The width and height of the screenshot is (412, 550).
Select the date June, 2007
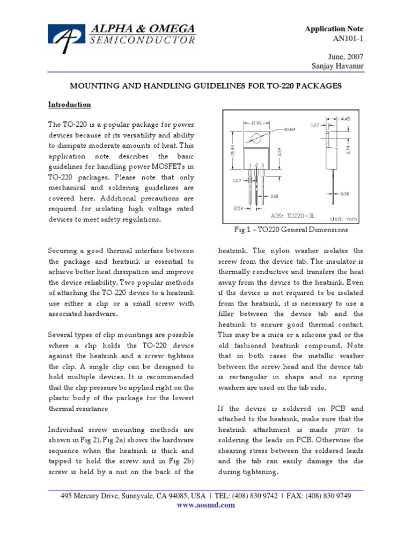tap(347, 56)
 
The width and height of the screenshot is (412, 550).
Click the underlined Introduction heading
tap(70, 104)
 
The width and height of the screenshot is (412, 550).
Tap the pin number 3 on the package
tap(263, 164)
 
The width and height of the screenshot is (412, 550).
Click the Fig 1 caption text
tap(291, 230)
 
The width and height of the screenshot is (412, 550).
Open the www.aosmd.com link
tap(205, 505)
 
